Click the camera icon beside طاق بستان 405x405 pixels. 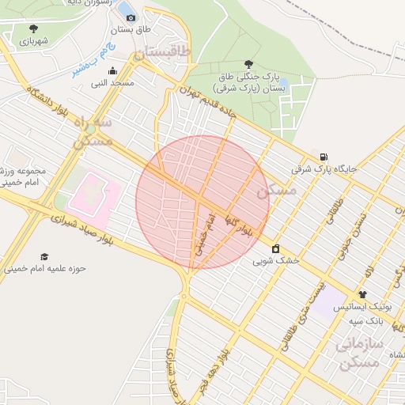pos(131,17)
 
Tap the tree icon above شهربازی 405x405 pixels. pos(32,28)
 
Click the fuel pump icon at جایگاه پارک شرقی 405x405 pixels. pos(324,156)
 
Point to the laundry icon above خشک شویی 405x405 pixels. pos(275,248)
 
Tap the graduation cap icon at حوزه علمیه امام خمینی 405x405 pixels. pos(44,257)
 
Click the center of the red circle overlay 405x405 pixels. pos(202,202)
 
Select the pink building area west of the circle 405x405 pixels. pos(95,194)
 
